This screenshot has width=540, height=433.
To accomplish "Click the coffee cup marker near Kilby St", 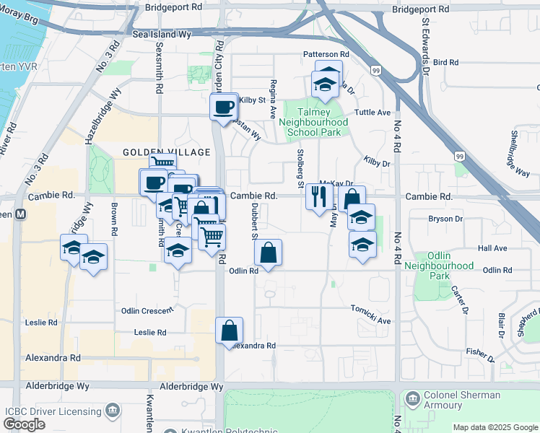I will tap(224, 106).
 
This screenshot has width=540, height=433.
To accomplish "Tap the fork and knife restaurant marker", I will tap(319, 196).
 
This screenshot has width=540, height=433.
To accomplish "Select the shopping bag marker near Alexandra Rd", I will tap(229, 330).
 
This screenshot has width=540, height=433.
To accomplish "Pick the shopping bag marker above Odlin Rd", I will tap(268, 253).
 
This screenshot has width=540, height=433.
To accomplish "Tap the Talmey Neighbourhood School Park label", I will tap(313, 122).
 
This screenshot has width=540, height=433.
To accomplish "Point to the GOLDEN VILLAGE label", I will tap(166, 152).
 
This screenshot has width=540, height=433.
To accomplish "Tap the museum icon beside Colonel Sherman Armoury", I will tap(411, 398).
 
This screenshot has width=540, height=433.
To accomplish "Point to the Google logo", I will tap(24, 424).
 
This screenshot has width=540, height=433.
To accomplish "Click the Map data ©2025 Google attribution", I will tap(495, 427).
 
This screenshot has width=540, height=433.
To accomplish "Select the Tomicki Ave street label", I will tap(370, 320).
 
